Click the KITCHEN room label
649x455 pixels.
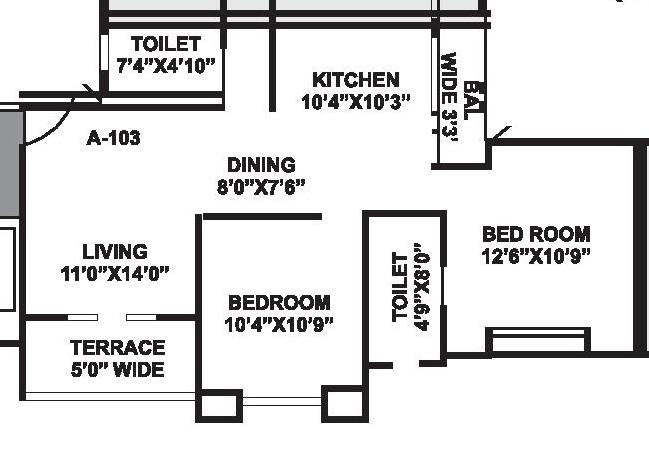(x=355, y=80)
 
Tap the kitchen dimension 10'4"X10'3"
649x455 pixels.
(x=356, y=101)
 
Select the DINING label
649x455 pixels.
(x=261, y=165)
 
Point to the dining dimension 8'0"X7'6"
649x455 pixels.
(x=261, y=186)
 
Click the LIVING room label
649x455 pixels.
(x=115, y=252)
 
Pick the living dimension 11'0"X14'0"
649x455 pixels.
(x=115, y=273)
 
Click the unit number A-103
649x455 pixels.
(x=114, y=138)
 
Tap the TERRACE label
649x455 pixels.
(x=117, y=348)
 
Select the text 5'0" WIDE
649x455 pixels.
(x=117, y=370)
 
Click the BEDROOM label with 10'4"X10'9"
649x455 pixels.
(x=279, y=302)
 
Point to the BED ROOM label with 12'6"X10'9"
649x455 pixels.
(x=536, y=234)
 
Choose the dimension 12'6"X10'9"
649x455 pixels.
(x=536, y=255)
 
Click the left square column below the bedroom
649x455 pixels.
(x=220, y=404)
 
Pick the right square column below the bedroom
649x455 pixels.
(x=342, y=403)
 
